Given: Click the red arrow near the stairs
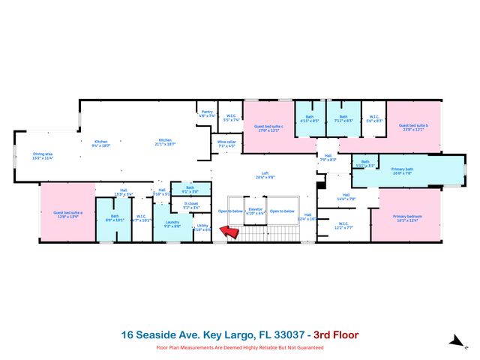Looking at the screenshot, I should pyautogui.click(x=231, y=233).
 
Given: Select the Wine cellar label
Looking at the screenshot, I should pyautogui.click(x=226, y=143).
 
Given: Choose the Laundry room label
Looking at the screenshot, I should pyautogui.click(x=172, y=223).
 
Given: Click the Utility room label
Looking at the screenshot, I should pyautogui.click(x=202, y=227).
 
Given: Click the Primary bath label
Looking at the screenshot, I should pyautogui.click(x=402, y=170).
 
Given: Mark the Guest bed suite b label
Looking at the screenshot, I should pyautogui.click(x=412, y=127).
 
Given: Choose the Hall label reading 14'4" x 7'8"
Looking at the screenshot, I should pyautogui.click(x=347, y=196).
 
